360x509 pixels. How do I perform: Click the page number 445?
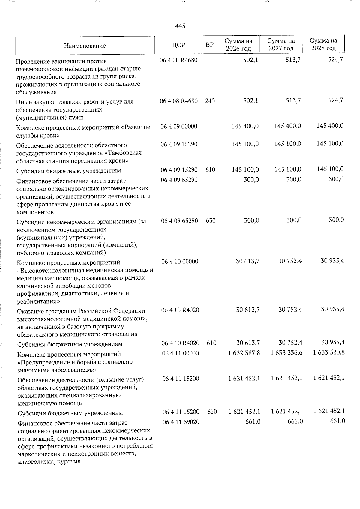[x=180, y=26]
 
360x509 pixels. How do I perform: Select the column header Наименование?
[x=85, y=46]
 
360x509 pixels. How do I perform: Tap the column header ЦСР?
[x=178, y=45]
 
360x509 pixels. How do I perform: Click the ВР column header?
[x=209, y=45]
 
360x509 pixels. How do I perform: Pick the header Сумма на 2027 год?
[x=281, y=44]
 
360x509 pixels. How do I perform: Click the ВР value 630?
[x=211, y=220]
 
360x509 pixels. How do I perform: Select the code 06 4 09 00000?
[x=179, y=126]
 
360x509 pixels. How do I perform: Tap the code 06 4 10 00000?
[x=180, y=262]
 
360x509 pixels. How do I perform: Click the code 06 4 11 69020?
[x=181, y=422]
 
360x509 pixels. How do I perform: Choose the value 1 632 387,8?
[x=244, y=353]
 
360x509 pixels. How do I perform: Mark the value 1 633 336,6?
[x=286, y=353]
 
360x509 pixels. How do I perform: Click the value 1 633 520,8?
[x=329, y=352]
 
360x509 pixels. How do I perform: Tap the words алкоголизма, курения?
[x=49, y=462]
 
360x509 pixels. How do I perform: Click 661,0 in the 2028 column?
[x=336, y=421]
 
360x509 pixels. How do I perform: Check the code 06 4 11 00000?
[x=181, y=353]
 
